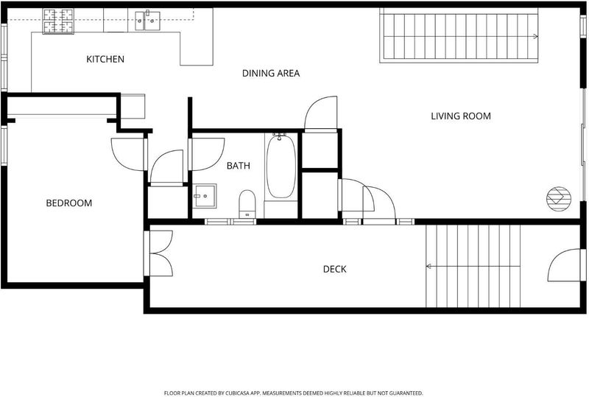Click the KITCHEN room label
tap(105, 59)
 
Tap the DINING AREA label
tap(271, 74)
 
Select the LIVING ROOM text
tap(461, 116)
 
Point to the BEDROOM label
tap(68, 203)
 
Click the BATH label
tap(238, 166)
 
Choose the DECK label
tap(335, 269)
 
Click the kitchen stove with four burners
tap(58, 21)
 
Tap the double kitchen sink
tap(148, 21)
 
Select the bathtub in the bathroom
tap(281, 166)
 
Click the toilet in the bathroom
tap(247, 204)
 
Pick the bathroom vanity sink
tap(205, 196)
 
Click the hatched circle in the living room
tap(559, 199)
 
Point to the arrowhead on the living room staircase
tap(536, 37)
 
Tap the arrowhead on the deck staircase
tap(428, 267)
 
